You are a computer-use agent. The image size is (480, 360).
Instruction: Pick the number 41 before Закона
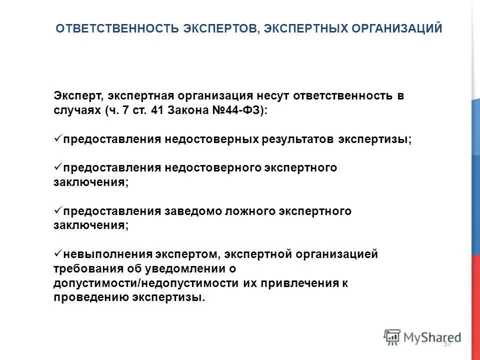point(158,110)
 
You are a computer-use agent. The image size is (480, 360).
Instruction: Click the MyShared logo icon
point(392,336)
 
